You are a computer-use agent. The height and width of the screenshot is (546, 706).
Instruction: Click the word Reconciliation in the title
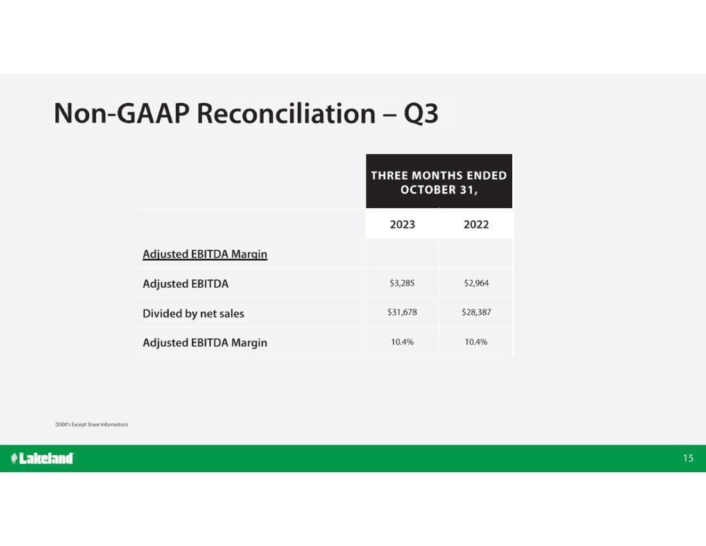286,113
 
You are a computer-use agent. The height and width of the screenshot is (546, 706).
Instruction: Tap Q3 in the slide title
421,114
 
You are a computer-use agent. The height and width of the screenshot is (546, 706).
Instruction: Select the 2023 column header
402,224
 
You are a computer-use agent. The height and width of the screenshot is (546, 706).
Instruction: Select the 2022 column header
476,224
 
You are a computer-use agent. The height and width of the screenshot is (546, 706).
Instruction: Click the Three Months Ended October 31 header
439,182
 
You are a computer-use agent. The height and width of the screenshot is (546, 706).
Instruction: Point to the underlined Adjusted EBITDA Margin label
205,254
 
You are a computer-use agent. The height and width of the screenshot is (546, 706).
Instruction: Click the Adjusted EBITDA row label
185,284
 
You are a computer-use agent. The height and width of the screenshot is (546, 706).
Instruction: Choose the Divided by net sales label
193,313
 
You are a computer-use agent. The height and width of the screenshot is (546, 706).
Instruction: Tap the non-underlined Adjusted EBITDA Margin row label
205,343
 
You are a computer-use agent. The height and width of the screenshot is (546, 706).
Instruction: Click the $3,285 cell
402,283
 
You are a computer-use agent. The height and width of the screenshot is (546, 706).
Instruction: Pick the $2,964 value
476,283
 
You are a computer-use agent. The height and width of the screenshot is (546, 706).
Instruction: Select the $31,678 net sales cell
402,312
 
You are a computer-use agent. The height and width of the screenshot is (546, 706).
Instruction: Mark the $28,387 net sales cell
476,312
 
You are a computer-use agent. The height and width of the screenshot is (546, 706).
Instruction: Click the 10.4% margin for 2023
402,342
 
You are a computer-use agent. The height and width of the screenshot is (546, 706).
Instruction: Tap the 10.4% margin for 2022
476,342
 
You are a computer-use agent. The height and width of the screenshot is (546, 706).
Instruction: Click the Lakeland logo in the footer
42,458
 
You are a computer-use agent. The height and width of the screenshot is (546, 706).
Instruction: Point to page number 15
688,458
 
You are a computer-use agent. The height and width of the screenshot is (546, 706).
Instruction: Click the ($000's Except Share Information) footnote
91,425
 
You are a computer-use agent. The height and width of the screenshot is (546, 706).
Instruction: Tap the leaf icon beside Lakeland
14,459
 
